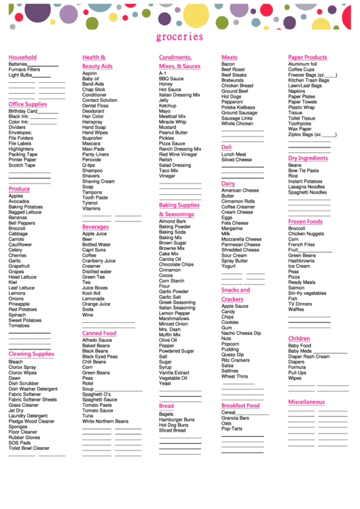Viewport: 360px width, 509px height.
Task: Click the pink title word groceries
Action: pyautogui.click(x=179, y=37)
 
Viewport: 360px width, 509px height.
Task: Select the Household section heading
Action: pyautogui.click(x=22, y=58)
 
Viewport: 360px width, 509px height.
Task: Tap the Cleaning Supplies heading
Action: pyautogui.click(x=31, y=354)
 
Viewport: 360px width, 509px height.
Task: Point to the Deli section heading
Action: pyautogui.click(x=226, y=147)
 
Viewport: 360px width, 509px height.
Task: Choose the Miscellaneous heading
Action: pyautogui.click(x=306, y=402)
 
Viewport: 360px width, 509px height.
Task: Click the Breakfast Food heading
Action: pyautogui.click(x=240, y=406)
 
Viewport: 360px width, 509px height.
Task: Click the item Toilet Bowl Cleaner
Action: pyautogui.click(x=29, y=449)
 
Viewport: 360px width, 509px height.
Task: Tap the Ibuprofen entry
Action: pyautogui.click(x=93, y=138)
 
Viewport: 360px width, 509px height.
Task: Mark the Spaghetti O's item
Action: pyautogui.click(x=96, y=394)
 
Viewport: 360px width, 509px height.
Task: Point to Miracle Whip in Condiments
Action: pyautogui.click(x=173, y=122)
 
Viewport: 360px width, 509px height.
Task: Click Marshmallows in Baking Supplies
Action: pyautogui.click(x=174, y=319)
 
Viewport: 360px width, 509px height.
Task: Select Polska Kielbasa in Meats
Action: pyautogui.click(x=238, y=107)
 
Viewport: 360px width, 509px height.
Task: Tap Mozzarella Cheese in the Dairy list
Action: pyautogui.click(x=241, y=239)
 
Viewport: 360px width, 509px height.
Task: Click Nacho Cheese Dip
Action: pyautogui.click(x=241, y=333)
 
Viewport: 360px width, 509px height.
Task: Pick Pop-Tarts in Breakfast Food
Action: pyautogui.click(x=232, y=429)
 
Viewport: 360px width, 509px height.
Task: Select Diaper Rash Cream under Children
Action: pyautogui.click(x=309, y=356)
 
